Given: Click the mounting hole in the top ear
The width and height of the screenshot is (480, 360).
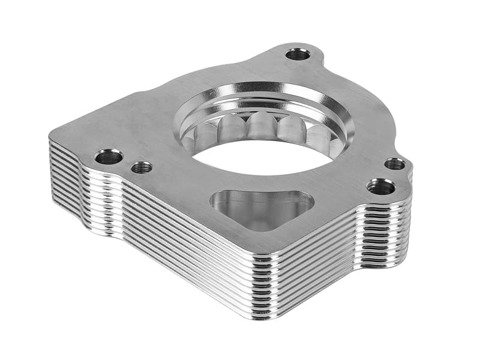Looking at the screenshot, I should (x=298, y=55).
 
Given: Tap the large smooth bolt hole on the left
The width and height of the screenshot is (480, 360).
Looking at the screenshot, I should (x=109, y=157).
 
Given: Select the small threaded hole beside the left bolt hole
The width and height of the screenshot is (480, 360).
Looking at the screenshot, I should (x=141, y=167).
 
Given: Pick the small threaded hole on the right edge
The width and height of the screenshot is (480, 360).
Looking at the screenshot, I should (x=394, y=164).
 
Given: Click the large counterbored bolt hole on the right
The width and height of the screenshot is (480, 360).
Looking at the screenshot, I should (x=381, y=187).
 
